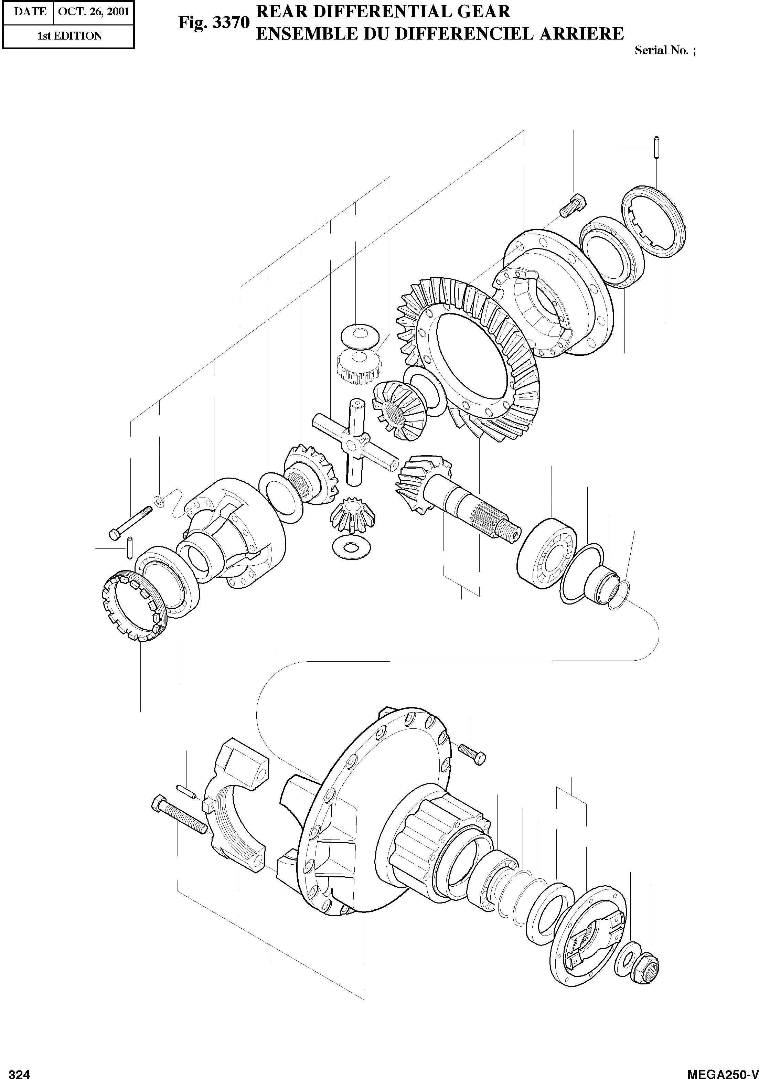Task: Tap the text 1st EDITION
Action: (70, 36)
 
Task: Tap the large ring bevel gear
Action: (470, 357)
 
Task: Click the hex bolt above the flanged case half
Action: (573, 206)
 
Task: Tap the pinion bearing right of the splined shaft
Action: (547, 555)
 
